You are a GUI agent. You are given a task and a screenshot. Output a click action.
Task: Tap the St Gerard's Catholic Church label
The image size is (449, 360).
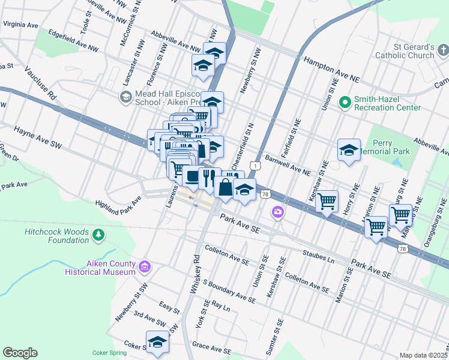click(x=405, y=51)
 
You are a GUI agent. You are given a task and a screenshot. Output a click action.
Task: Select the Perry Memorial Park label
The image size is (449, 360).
click(x=391, y=147)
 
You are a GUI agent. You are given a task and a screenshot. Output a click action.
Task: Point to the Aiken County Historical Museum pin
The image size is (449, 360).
click(x=144, y=266)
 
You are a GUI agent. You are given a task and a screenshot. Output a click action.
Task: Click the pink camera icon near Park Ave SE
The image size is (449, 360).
click(x=277, y=211)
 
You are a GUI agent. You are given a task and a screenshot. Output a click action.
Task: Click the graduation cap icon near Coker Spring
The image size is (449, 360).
click(x=157, y=341)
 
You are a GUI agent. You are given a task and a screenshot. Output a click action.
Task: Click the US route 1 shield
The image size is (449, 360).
click(x=256, y=165)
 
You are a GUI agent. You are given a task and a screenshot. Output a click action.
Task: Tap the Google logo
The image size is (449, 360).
click(x=20, y=353)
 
